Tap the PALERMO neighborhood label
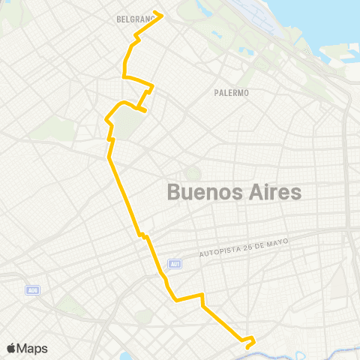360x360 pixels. coord(232,93)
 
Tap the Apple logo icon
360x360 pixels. coord(11,349)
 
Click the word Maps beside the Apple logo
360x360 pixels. coord(33,349)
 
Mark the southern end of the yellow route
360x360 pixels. coord(247,347)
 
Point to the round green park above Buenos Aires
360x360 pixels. coord(189,173)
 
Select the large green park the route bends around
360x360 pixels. coord(127,124)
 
